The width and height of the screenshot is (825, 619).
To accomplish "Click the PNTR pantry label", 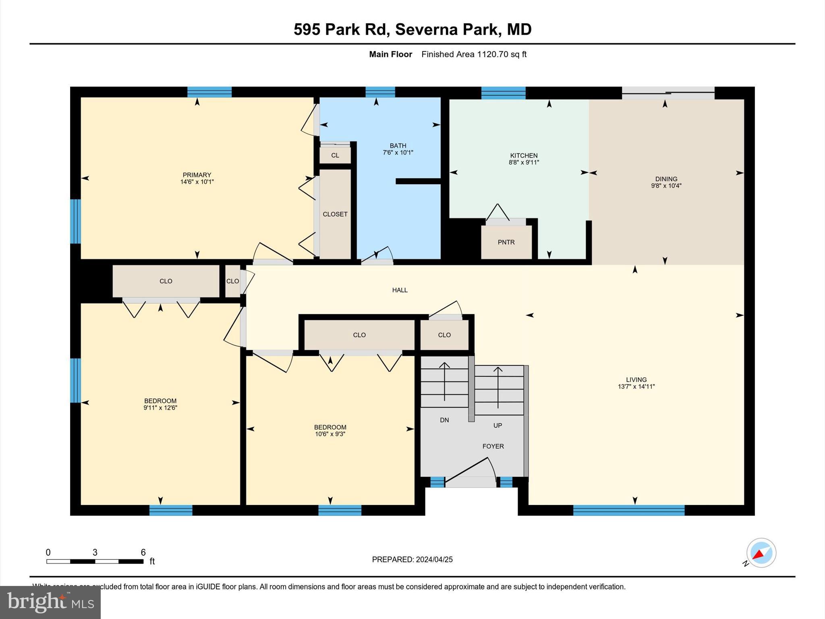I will coord(506,242).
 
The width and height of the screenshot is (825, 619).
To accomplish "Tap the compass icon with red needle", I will coord(761,553).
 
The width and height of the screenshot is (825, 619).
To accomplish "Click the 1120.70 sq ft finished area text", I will coord(474,54).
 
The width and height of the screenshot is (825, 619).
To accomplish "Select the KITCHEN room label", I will coord(524,156).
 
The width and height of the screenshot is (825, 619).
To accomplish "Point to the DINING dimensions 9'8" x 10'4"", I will coord(666,186).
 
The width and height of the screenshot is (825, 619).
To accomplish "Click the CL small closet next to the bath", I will coord(335,156).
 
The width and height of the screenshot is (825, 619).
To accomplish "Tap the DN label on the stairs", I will coord(444,420).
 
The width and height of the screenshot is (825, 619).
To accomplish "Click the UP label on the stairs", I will coord(497,425).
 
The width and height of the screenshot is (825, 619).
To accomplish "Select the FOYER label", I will coord(493,446).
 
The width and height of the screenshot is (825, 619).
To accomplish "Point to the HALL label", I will coord(400,290).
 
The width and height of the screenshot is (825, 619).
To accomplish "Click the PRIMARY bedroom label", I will coord(197,175).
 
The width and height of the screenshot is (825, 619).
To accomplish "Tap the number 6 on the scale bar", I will coord(143,553).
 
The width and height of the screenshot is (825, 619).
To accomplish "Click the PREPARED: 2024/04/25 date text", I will coord(412,559).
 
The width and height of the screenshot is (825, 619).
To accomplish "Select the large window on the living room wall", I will coord(628,510).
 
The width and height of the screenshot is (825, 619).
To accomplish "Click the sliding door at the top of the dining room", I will coord(668,93).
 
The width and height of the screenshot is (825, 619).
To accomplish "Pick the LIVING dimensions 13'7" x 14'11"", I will coord(636,386).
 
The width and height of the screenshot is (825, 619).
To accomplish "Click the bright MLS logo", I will coord(50,602).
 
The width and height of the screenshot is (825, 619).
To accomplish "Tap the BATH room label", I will coord(398,146).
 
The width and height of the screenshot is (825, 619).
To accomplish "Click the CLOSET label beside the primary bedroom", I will coord(335,214).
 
